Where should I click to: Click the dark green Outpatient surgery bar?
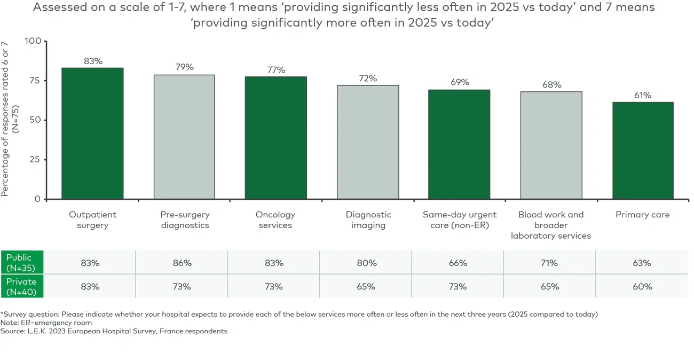92,134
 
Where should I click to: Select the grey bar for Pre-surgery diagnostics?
184,137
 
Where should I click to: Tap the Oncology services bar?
276,138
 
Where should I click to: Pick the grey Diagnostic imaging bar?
368,142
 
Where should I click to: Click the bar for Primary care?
643,151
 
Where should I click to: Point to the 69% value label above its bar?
460,82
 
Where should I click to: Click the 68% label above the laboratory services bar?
551,84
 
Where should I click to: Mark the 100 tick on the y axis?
33,41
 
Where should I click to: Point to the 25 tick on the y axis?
36,160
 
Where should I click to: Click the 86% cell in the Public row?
182,263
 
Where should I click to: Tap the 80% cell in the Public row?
366,263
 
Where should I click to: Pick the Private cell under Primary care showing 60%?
642,287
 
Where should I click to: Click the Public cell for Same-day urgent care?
458,263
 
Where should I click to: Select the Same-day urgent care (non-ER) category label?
460,220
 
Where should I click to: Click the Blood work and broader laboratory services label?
551,225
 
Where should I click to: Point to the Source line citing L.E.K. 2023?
114,331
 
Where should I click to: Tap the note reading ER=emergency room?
46,323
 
